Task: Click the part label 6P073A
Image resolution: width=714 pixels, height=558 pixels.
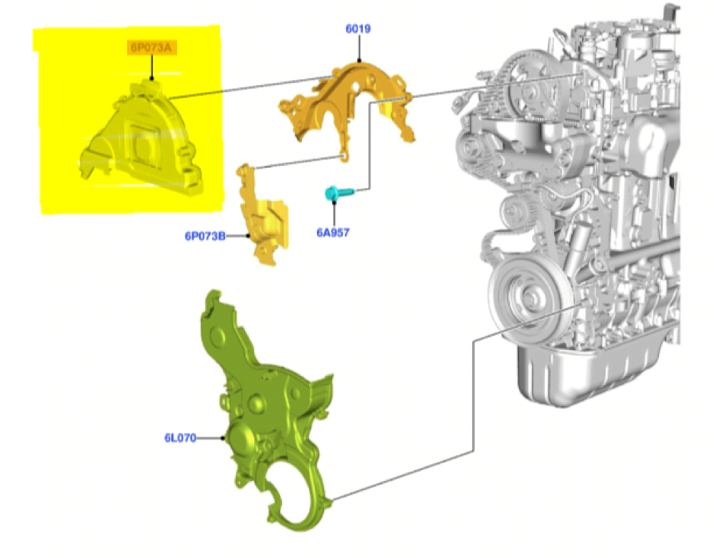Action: coord(151,47)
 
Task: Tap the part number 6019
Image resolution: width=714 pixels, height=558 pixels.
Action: coord(358,29)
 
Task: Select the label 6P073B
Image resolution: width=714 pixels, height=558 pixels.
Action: coord(205,236)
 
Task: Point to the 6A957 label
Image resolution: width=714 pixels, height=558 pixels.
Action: coord(333,232)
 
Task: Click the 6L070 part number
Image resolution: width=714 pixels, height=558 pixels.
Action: coord(181,438)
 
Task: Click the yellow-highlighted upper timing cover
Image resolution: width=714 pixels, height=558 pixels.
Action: coord(141,136)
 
